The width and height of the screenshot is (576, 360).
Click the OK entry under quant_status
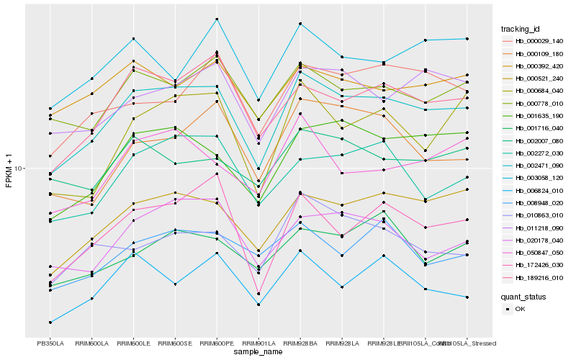tap(520, 309)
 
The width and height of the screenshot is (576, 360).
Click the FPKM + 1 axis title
tap(9, 168)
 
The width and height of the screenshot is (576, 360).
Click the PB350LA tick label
tap(50, 343)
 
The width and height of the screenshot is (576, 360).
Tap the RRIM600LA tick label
tap(91, 343)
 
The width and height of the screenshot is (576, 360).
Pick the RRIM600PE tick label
tap(217, 343)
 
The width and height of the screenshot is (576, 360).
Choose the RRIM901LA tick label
tap(258, 343)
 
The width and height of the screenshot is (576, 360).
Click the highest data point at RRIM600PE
tap(217, 19)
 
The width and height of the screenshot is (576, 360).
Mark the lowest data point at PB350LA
tap(50, 322)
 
